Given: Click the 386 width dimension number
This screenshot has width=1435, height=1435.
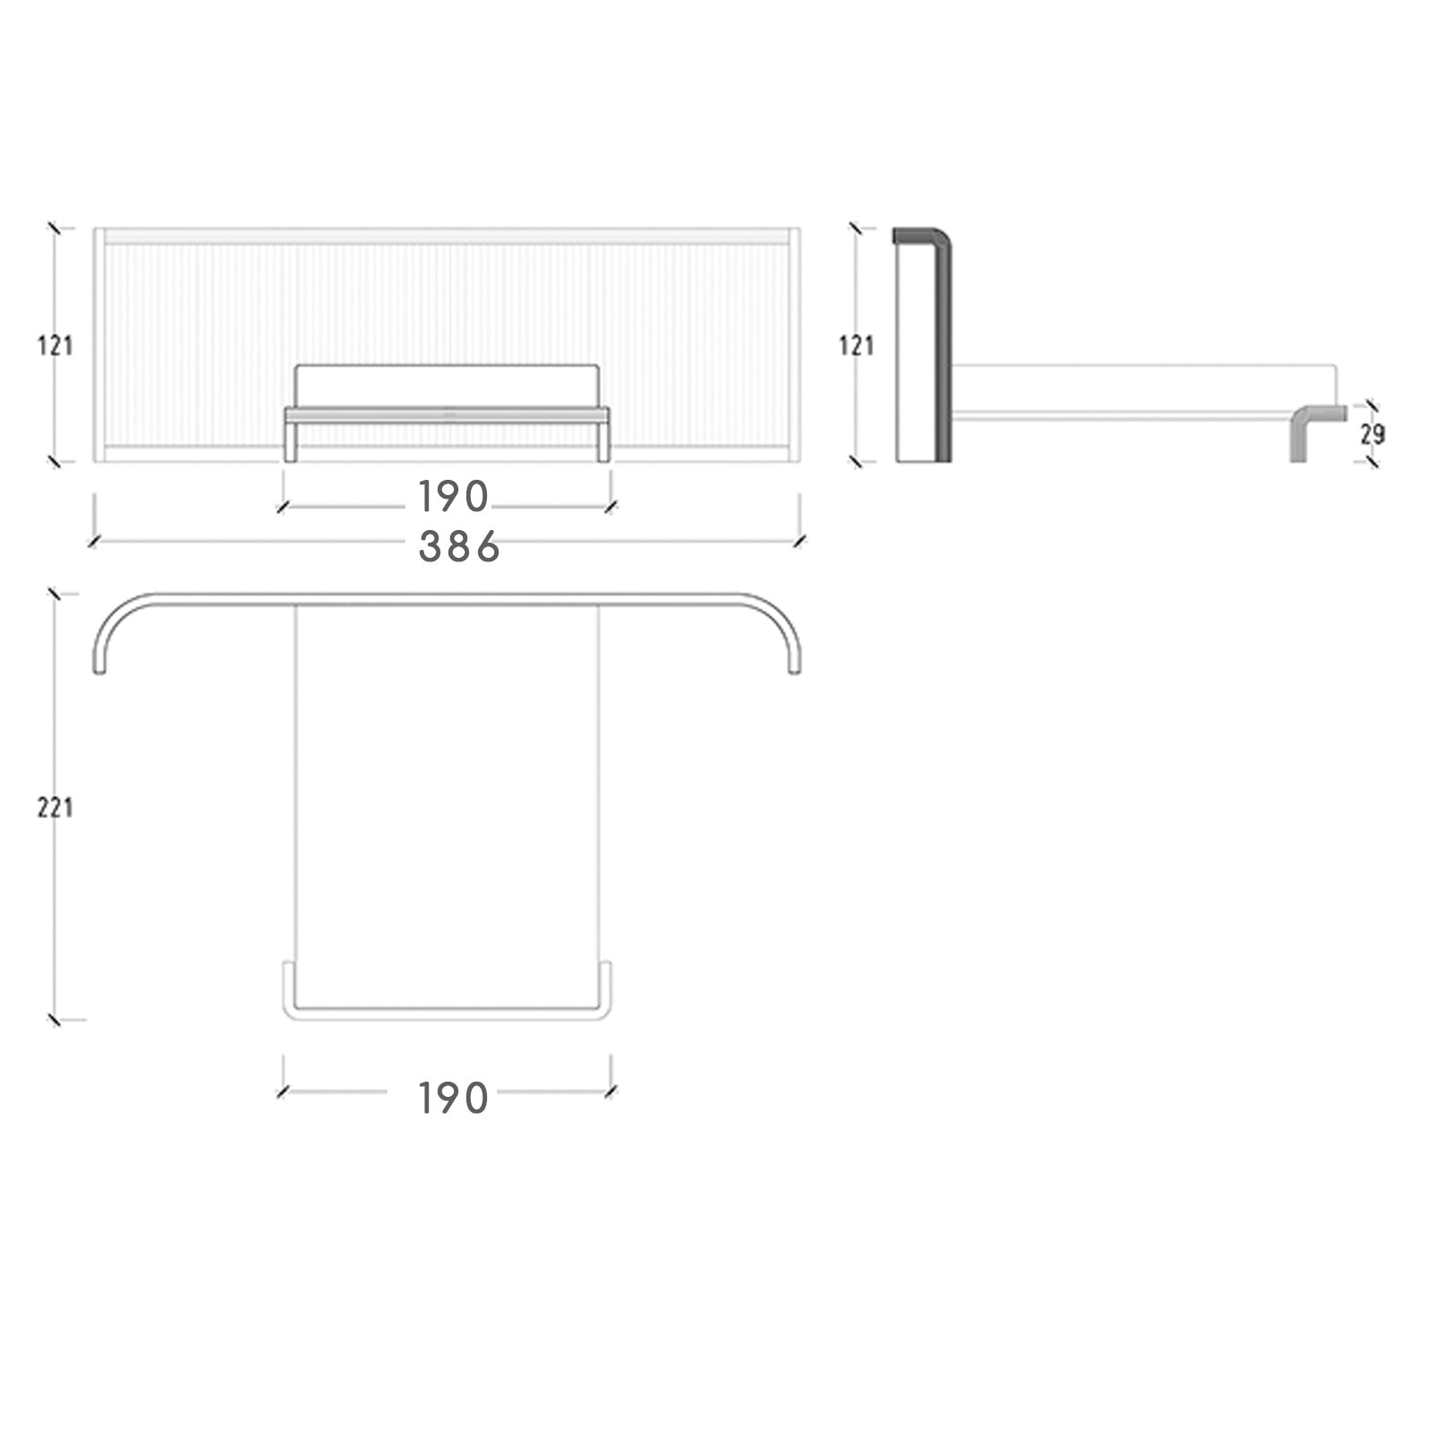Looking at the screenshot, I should pos(458,547).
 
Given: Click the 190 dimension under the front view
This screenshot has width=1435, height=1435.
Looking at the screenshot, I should pos(453,496).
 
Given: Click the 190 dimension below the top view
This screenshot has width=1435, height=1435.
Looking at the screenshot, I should pos(453,1099).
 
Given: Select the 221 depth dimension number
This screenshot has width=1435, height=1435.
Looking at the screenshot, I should pos(55,808).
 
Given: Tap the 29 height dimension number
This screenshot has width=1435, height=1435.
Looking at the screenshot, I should pos(1372,435).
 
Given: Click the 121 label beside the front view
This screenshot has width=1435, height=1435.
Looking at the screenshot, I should pos(55,345).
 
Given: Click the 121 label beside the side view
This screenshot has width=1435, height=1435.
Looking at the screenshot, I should pos(857,345).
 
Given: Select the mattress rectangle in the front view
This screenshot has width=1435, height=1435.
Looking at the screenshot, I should pos(447,386).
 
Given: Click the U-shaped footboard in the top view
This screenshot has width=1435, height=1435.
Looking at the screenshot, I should pos(447,1013).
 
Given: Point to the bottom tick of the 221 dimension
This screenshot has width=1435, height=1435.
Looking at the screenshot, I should pos(55,1019).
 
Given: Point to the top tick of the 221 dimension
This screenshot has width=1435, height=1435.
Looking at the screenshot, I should pos(55,594).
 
